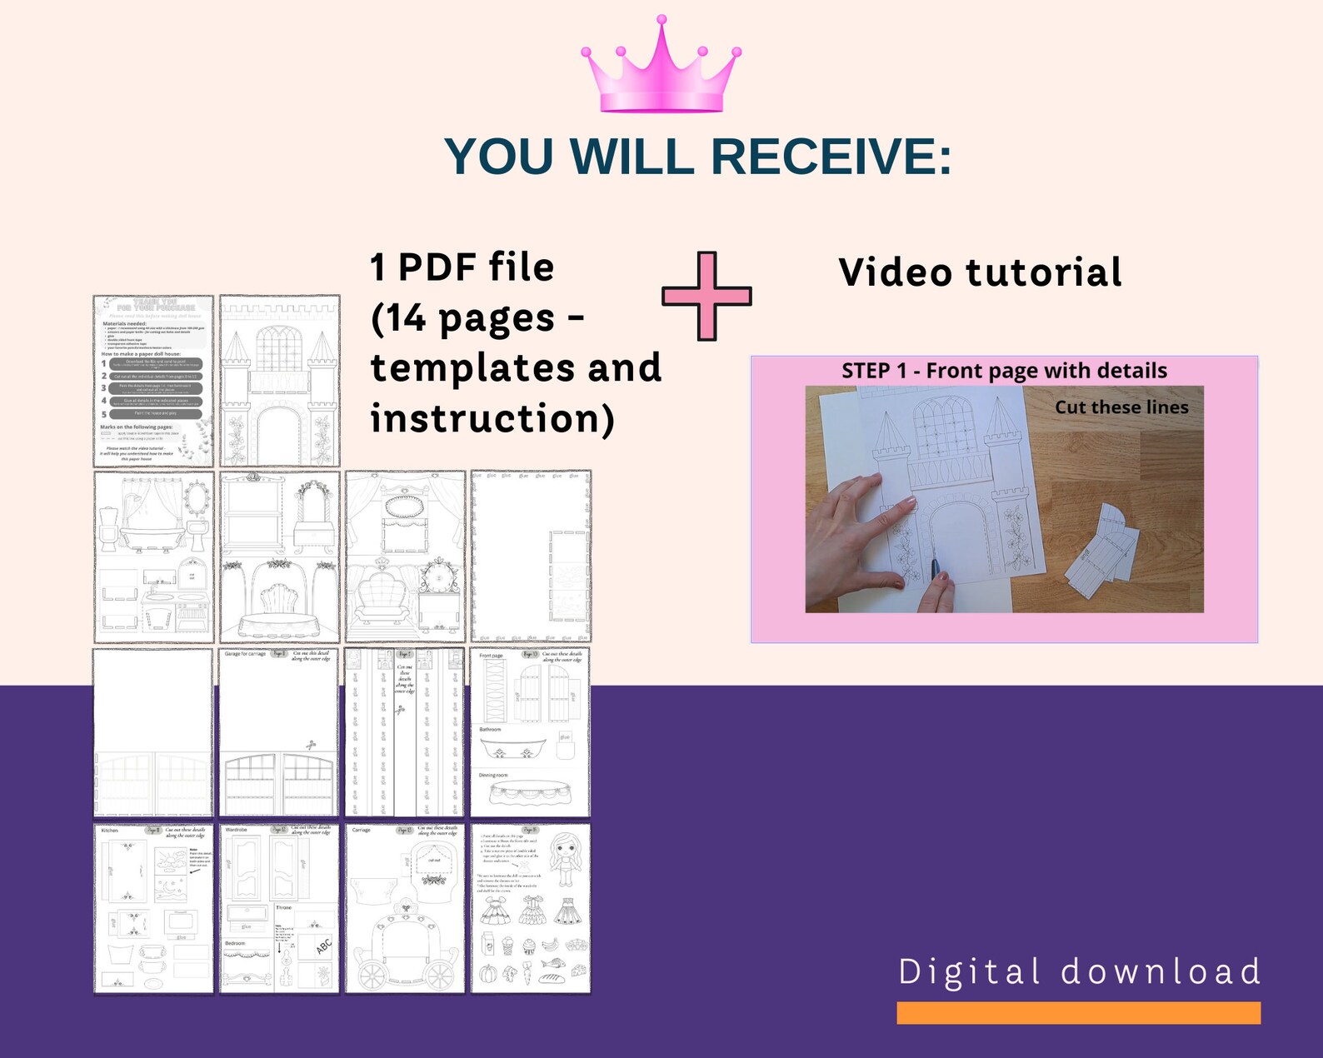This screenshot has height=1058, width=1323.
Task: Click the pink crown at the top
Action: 661,67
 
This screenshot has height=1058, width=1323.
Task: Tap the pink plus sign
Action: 706,296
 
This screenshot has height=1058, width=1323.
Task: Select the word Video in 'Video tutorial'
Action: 896,272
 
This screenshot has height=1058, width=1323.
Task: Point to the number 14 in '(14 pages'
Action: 407,318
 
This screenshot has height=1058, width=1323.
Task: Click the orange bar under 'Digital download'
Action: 1078,1012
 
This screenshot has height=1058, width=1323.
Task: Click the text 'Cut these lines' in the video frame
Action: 1121,407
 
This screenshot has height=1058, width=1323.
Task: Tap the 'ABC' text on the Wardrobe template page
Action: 323,946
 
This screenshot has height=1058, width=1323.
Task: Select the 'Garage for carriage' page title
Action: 245,654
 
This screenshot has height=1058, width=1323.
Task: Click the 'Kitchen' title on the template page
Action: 110,831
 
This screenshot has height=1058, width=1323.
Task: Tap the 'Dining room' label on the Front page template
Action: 493,776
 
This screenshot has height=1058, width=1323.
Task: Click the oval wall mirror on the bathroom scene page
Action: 197,499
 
